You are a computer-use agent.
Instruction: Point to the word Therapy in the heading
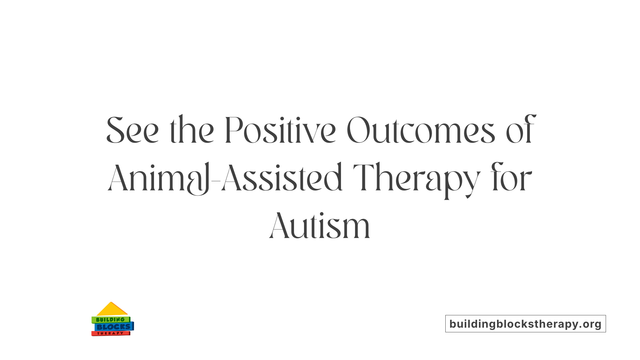click(417, 178)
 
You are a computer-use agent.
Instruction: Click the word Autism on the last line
click(320, 226)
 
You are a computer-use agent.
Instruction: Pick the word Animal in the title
click(158, 178)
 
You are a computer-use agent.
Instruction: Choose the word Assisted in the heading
click(282, 178)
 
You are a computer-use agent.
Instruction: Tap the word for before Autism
click(511, 178)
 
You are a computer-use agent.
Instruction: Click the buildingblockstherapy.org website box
click(525, 324)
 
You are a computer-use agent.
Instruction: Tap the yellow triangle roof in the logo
click(112, 309)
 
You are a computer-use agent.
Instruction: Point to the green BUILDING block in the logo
click(110, 320)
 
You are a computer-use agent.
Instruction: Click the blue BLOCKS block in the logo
click(114, 327)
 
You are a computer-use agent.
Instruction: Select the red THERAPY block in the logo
click(110, 333)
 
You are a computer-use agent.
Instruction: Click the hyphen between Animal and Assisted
click(216, 181)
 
